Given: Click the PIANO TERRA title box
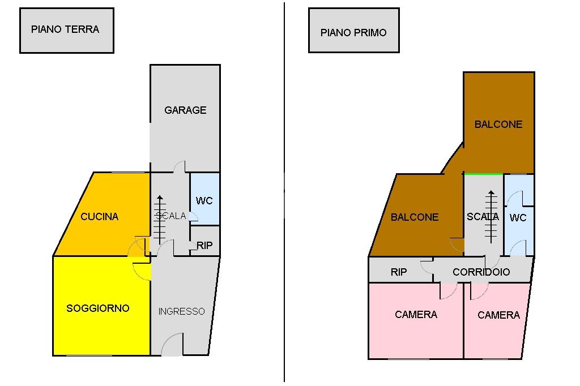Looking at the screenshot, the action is click(66, 30).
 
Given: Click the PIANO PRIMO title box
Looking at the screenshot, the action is click(353, 31).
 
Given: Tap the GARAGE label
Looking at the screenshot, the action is click(185, 110).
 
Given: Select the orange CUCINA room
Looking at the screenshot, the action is click(100, 217).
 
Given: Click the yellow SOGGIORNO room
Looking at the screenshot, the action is click(98, 308).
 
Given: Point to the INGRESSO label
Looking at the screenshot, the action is click(181, 311).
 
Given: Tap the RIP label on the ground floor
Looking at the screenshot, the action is click(204, 246).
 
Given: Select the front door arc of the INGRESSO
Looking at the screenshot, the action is click(173, 345).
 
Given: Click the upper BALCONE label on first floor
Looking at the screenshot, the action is click(498, 125).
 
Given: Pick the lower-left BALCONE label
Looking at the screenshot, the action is click(415, 217).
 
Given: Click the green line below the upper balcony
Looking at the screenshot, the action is click(483, 174).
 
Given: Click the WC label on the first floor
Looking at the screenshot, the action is click(518, 218).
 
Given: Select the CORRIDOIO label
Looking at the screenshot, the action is click(481, 272).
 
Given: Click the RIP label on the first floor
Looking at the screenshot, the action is click(399, 272).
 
